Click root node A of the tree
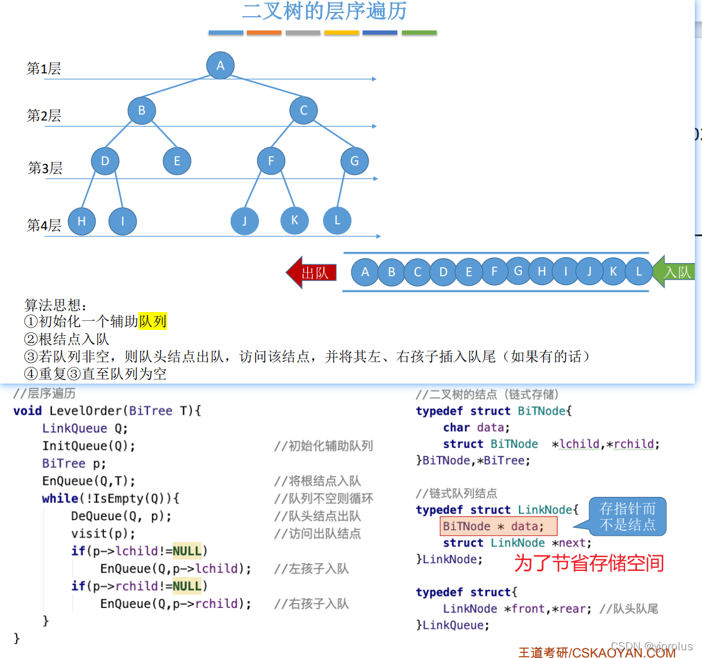click(x=220, y=66)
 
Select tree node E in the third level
click(x=177, y=161)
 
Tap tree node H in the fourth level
click(x=82, y=221)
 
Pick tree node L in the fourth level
click(x=337, y=220)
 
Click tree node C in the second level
click(x=303, y=110)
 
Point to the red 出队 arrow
click(x=312, y=273)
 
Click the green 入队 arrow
click(x=674, y=272)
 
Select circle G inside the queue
click(x=518, y=271)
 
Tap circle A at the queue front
click(x=365, y=272)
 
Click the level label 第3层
click(x=45, y=168)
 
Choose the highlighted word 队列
click(x=152, y=322)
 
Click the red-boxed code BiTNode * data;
click(x=499, y=526)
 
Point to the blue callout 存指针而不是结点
click(x=627, y=517)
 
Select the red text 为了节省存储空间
click(x=589, y=563)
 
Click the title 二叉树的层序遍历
click(x=324, y=11)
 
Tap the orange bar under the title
click(x=264, y=32)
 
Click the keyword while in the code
click(x=60, y=499)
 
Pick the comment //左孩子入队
click(x=311, y=569)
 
